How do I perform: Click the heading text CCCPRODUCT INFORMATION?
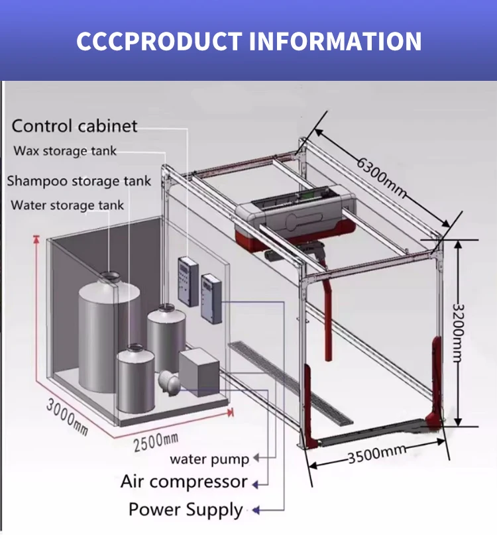tap(248, 40)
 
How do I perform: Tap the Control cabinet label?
tap(75, 126)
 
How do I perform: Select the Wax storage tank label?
tap(65, 151)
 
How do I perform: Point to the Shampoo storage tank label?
tap(79, 180)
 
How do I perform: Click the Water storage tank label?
tap(68, 205)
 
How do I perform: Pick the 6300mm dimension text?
tap(381, 175)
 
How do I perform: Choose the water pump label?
tap(209, 459)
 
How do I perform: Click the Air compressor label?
tap(184, 482)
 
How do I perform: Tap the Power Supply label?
tap(186, 510)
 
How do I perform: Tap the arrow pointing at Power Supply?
tap(260, 510)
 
